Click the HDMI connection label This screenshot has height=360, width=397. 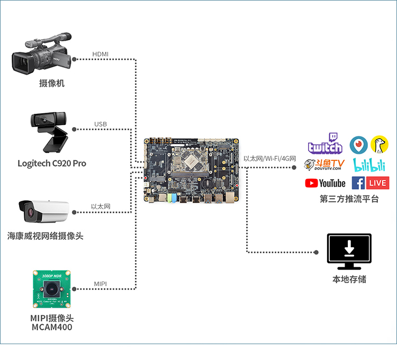pos(100,54)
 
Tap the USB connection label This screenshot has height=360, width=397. pos(101,124)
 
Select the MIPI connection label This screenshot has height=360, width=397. pos(101,284)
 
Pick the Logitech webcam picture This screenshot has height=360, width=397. pos(50,132)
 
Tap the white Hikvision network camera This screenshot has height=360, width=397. pos(44,211)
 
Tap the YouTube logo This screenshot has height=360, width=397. pos(325,183)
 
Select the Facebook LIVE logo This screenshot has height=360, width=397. pos(370,183)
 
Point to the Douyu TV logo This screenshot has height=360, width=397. pos(324,164)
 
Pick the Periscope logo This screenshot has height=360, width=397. pos(359,144)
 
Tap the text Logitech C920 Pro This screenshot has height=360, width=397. pos(52,163)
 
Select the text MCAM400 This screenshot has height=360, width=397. pos(52,327)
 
